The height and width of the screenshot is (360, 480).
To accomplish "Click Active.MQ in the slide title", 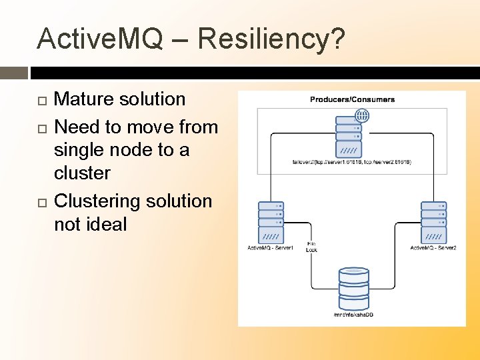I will click(100, 39).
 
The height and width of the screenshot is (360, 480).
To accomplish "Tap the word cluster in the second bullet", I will click(82, 173).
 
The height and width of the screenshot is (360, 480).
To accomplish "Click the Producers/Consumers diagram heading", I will click(352, 99).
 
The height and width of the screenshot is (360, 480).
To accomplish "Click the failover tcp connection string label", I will click(351, 162).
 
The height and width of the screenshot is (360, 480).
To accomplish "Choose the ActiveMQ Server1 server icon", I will click(271, 222).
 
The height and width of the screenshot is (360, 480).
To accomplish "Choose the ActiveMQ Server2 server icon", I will click(433, 222).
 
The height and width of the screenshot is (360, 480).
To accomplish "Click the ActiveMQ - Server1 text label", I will click(270, 248).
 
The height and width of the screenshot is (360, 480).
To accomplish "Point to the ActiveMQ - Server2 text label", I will click(433, 248).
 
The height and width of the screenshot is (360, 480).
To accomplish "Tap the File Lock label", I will click(311, 247).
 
